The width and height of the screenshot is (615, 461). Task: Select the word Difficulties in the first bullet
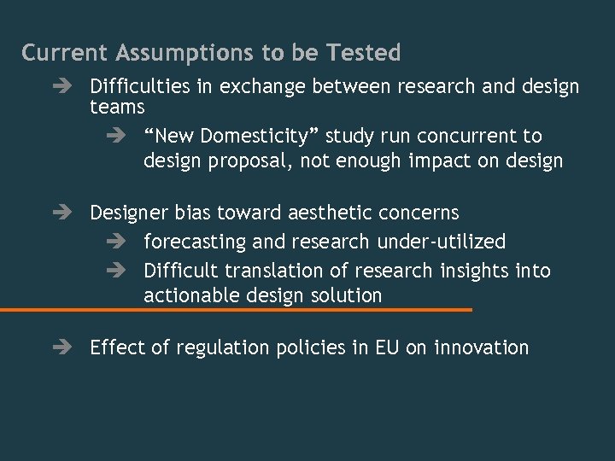coord(138,87)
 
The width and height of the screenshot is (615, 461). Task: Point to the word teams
coord(117,108)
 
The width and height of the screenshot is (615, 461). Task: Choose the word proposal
coord(255,160)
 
